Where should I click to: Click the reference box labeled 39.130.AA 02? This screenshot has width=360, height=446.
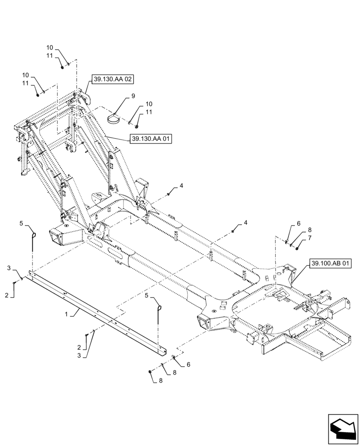pos(113,79)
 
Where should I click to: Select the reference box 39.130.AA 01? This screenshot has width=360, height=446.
pos(151,139)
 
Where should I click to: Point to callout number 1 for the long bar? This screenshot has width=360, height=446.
pos(67,314)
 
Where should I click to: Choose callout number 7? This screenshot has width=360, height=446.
pos(310,238)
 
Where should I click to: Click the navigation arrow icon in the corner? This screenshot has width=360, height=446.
pos(343,429)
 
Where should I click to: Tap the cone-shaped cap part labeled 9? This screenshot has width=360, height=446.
pos(114,119)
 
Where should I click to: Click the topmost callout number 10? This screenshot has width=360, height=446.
pos(49,48)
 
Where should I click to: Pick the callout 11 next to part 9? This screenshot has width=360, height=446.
pos(149,112)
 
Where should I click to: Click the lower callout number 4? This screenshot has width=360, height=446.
pos(245,222)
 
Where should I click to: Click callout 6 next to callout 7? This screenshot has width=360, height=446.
pos(299,224)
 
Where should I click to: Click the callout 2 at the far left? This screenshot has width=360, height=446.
pos(7,295)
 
